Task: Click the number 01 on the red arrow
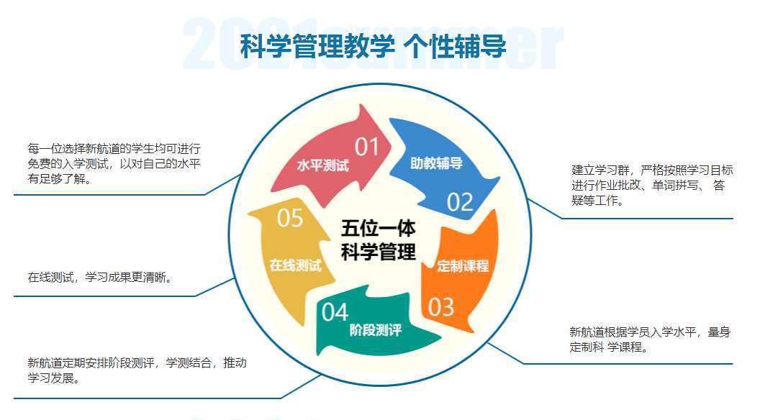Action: coord(366,147)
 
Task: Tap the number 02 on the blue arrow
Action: coord(460,202)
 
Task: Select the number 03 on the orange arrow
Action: coord(441,307)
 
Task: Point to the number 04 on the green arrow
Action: coord(335,312)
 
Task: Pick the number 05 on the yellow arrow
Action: coord(290,218)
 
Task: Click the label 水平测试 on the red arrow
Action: coord(322,165)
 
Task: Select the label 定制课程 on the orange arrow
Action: coord(463,265)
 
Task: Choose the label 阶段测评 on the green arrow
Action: coord(375,331)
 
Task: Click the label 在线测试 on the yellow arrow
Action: coord(295,265)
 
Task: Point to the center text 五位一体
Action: coord(378,229)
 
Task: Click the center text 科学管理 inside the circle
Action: coord(378,252)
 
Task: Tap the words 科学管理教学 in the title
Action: coord(317,47)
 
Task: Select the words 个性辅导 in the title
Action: coord(455,47)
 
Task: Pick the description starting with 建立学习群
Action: coord(651,186)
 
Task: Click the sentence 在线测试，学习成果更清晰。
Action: coord(101,277)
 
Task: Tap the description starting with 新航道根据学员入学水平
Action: coord(649,339)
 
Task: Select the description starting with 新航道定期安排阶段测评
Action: coord(137,370)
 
